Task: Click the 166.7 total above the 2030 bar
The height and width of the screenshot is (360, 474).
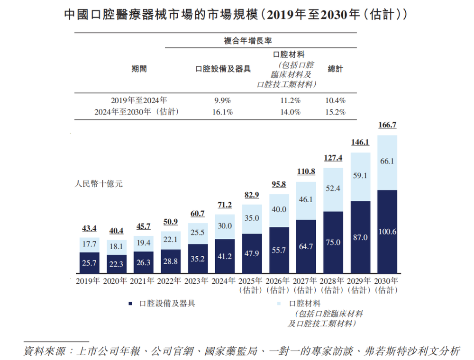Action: coord(387,126)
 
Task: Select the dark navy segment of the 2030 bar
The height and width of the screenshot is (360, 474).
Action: coord(387,232)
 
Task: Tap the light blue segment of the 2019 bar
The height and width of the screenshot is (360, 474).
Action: coord(89,244)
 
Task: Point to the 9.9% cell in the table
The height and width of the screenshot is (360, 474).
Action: coord(222,100)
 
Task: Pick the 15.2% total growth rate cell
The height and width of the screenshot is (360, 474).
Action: coord(336,112)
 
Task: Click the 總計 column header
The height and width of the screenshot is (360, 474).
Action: coord(335,69)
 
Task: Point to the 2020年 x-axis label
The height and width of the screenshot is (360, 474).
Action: coord(116,281)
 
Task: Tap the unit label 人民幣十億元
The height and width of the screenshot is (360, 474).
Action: coord(99,184)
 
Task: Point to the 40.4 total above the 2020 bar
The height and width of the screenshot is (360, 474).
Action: coord(116,231)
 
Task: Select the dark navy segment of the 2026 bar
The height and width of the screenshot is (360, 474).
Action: coord(279,251)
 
